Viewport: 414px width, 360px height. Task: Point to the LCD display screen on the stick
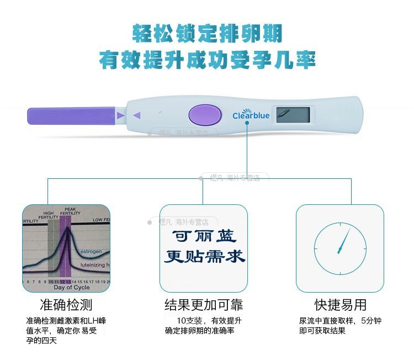[x=293, y=115]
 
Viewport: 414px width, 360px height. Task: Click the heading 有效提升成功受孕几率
[x=207, y=59]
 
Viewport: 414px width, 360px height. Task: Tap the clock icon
[x=340, y=248]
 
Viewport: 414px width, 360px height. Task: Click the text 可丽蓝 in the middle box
[x=204, y=236]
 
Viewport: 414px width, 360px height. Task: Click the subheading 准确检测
[x=66, y=305]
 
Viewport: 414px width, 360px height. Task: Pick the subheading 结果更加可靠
[x=204, y=305]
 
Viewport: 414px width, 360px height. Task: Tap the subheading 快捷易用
[x=340, y=305]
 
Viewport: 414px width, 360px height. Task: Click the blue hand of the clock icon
[x=344, y=241]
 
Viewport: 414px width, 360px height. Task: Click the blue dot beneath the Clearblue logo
[x=248, y=124]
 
